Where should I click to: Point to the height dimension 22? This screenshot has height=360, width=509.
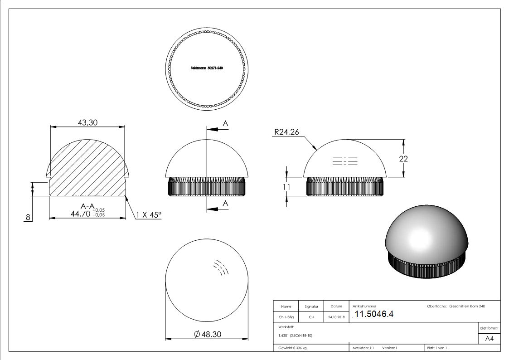click(x=403, y=159)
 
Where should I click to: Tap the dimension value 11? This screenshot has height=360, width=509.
click(x=286, y=186)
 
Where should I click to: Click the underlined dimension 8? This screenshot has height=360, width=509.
click(x=28, y=218)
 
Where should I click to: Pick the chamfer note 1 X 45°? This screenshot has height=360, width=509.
click(x=148, y=215)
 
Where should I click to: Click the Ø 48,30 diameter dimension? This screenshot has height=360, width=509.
click(x=208, y=334)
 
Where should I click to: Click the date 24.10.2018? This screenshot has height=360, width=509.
click(x=336, y=317)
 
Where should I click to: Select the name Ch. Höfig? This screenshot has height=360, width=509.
click(x=286, y=317)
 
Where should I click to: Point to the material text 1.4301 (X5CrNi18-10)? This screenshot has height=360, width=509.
click(x=296, y=336)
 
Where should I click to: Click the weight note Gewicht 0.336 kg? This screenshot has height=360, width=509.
click(x=292, y=348)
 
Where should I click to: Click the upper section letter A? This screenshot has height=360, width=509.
click(x=226, y=123)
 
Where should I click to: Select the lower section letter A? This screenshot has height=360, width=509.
click(x=226, y=204)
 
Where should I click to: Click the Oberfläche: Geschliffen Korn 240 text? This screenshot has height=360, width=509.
click(x=456, y=306)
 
